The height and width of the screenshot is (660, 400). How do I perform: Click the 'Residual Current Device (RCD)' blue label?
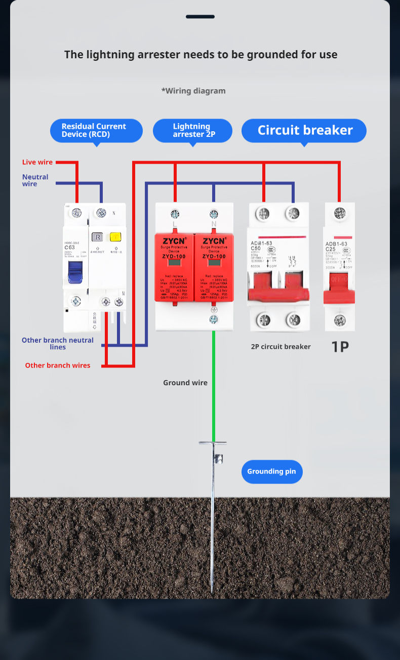[x=96, y=130]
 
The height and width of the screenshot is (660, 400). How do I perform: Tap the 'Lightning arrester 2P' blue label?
[x=192, y=130]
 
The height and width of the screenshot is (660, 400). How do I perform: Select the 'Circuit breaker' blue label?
[x=304, y=130]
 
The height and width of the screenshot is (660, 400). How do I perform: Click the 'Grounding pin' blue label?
[x=271, y=471]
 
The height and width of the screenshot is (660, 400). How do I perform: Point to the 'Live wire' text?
[x=37, y=162]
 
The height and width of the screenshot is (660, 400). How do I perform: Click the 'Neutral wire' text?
[x=35, y=180]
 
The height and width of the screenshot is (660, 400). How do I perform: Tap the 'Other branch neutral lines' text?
[x=58, y=344]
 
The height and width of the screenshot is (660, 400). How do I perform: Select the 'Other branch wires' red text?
[x=58, y=365]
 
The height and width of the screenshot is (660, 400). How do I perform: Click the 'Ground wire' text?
[x=185, y=383]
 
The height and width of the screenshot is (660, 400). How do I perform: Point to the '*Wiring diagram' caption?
[x=193, y=91]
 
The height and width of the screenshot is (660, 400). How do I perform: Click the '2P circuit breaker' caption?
[x=281, y=347]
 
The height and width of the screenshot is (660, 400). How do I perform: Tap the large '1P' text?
[x=340, y=347]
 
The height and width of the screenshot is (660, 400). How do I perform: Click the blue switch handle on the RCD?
[x=75, y=271]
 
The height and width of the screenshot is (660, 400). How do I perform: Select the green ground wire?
[x=214, y=385]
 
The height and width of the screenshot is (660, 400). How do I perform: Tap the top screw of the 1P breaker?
[x=340, y=213]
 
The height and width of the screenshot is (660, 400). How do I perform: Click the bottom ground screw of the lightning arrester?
[x=214, y=319]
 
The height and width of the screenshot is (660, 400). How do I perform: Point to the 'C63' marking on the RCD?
[x=70, y=247]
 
